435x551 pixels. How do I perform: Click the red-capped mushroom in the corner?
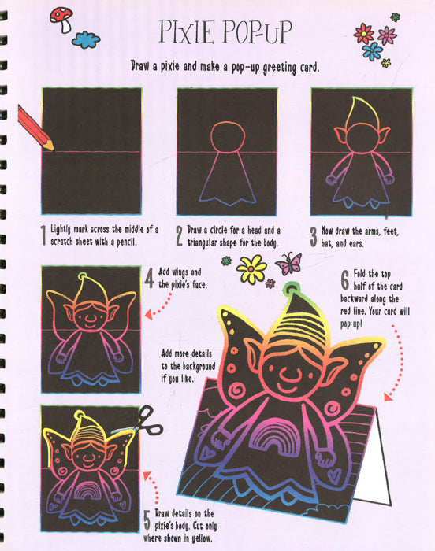(62, 20)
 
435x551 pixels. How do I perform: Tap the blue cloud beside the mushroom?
(86, 39)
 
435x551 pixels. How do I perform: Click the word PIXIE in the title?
(187, 31)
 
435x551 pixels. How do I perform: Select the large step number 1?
(43, 235)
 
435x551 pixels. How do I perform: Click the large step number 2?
(179, 235)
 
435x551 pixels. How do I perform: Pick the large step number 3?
(314, 236)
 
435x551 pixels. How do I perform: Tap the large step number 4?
(150, 279)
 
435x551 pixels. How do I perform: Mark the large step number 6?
(345, 280)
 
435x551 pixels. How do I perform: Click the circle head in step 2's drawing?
(228, 138)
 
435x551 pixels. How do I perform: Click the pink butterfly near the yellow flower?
(290, 264)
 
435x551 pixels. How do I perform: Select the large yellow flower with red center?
(251, 269)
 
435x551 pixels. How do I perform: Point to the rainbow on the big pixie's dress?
(275, 438)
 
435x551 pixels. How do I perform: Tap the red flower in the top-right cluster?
(364, 34)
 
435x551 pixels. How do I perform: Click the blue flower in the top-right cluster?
(372, 51)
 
